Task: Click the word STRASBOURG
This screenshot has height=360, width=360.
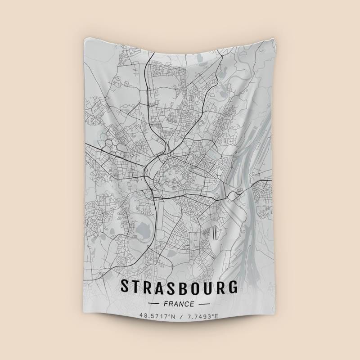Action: (x=180, y=287)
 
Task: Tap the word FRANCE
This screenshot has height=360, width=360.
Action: (x=180, y=304)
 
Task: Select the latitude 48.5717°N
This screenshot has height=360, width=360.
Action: (x=156, y=317)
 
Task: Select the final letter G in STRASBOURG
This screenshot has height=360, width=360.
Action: (x=233, y=287)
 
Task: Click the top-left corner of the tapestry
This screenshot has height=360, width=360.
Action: (x=84, y=38)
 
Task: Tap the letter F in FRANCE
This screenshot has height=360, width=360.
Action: (x=166, y=304)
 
